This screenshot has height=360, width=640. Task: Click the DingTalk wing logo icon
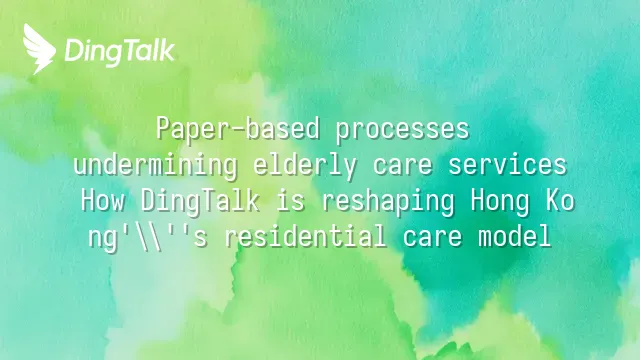pyautogui.click(x=39, y=49)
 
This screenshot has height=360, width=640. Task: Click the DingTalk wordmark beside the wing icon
pyautogui.click(x=120, y=52)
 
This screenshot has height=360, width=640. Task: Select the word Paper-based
pyautogui.click(x=238, y=129)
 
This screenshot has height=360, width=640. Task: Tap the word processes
pyautogui.click(x=402, y=130)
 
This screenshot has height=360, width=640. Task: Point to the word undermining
pyautogui.click(x=156, y=165)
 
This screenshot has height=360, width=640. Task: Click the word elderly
pyautogui.click(x=305, y=165)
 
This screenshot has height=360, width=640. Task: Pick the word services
pyautogui.click(x=507, y=164)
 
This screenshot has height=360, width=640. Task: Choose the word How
pyautogui.click(x=103, y=200)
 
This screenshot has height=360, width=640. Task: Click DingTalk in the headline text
pyautogui.click(x=200, y=201)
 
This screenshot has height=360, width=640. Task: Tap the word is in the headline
pyautogui.click(x=291, y=200)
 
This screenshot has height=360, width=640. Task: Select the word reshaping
pyautogui.click(x=388, y=202)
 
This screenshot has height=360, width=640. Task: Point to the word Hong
pyautogui.click(x=500, y=202)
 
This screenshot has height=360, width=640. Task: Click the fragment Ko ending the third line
pyautogui.click(x=560, y=200)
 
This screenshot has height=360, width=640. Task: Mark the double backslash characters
pyautogui.click(x=149, y=237)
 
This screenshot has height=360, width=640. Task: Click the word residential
pyautogui.click(x=306, y=236)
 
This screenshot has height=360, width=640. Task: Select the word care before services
pyautogui.click(x=402, y=166)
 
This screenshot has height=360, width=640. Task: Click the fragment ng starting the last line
pyautogui.click(x=102, y=239)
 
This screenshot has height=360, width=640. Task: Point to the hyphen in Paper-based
pyautogui.click(x=239, y=131)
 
